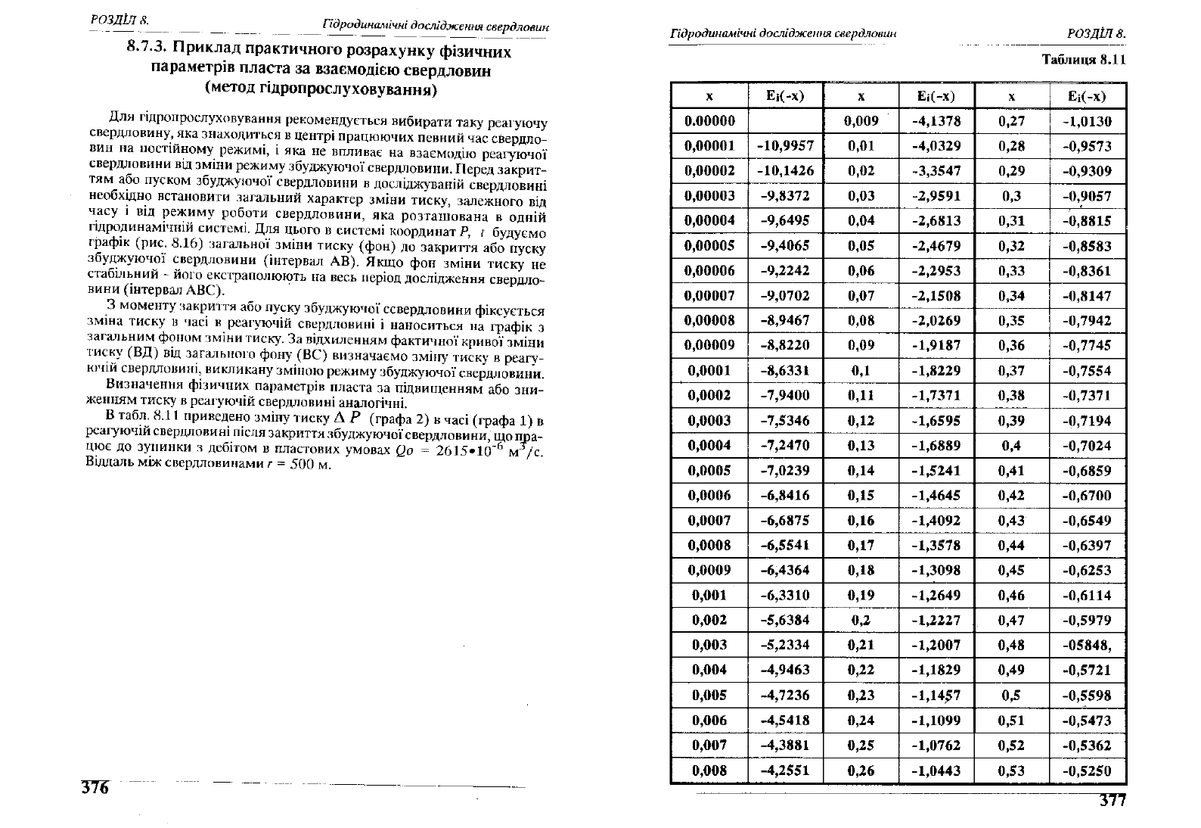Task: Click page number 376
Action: point(95,787)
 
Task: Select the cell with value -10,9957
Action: point(785,146)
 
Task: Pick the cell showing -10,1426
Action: point(785,171)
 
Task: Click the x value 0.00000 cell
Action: point(709,121)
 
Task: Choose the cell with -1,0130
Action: point(1088,121)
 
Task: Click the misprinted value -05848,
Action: point(1088,645)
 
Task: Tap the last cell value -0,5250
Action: point(1088,770)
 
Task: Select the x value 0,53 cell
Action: point(1011,770)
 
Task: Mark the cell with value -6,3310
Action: point(785,595)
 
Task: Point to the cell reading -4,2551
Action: point(785,770)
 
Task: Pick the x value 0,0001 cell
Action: point(709,371)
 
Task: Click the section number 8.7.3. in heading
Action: point(147,52)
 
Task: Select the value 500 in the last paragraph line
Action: point(303,464)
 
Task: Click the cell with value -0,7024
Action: point(1088,446)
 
